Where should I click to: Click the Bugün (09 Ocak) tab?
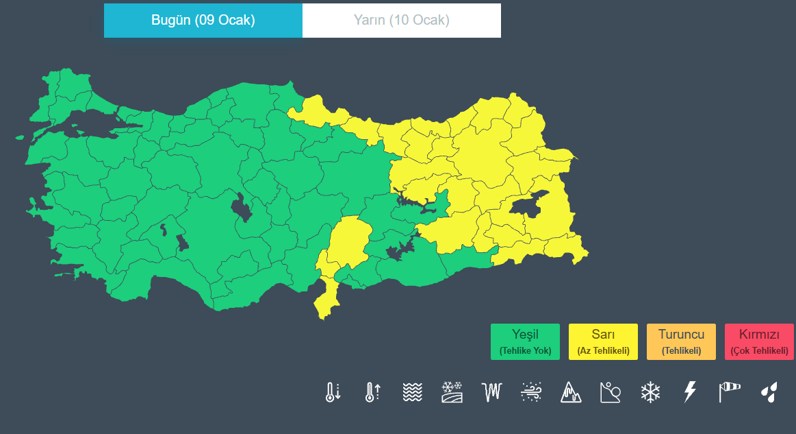(x=203, y=20)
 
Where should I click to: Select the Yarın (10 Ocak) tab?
(x=401, y=20)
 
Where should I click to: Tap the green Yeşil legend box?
(x=525, y=341)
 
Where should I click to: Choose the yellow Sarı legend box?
(x=603, y=341)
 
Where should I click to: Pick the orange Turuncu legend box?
(x=681, y=341)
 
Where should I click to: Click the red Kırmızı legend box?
(x=759, y=341)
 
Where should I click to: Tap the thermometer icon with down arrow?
(x=333, y=392)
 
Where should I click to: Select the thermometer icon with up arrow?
(x=372, y=392)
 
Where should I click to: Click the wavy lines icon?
(x=412, y=392)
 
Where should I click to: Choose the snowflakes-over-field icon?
(x=452, y=392)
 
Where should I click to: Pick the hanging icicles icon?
(x=492, y=392)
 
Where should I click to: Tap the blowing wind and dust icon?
(x=531, y=392)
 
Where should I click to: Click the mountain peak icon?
(x=571, y=392)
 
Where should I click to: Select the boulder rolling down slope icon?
(x=610, y=392)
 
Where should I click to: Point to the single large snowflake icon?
(x=650, y=392)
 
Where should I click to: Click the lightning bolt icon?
(x=690, y=392)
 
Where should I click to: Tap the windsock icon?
(x=730, y=392)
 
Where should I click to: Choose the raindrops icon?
(x=769, y=392)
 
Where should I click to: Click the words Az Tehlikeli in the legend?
(x=603, y=350)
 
